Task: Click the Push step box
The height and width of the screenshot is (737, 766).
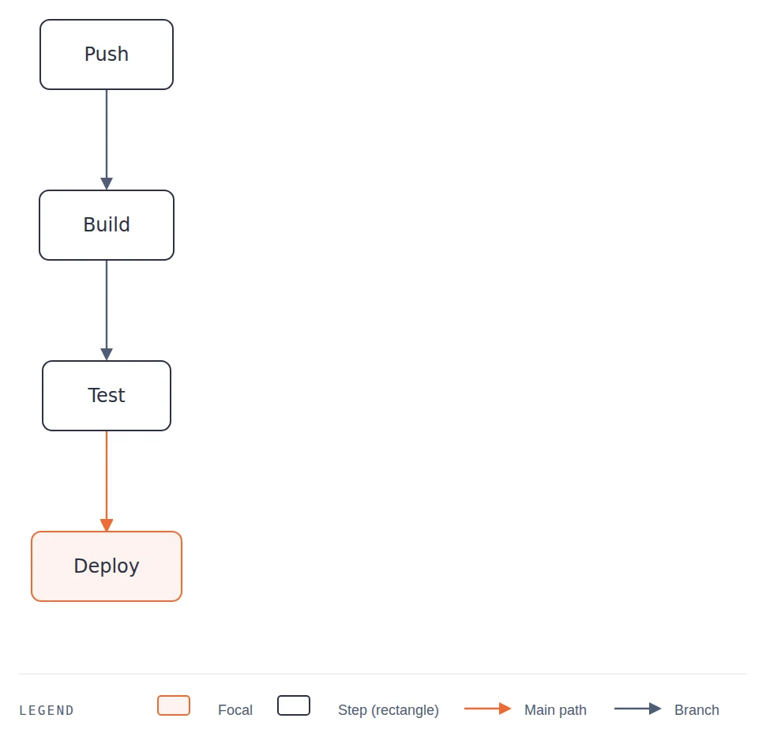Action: click(107, 55)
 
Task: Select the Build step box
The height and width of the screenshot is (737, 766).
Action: click(107, 225)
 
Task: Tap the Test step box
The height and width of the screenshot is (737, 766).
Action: click(107, 396)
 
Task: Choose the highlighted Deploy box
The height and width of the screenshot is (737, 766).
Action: click(107, 566)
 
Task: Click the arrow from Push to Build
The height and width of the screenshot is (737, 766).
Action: click(107, 140)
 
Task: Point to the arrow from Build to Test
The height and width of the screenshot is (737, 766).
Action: click(107, 310)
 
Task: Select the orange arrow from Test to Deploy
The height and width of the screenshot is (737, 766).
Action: click(107, 481)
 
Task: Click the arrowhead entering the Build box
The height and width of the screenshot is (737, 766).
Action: click(107, 184)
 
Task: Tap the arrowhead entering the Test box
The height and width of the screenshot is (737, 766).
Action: click(107, 355)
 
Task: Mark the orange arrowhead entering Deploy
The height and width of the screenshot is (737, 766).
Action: click(107, 525)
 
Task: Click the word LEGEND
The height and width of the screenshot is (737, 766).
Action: click(47, 710)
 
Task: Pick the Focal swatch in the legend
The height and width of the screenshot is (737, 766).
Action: click(174, 705)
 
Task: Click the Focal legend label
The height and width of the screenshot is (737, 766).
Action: click(235, 709)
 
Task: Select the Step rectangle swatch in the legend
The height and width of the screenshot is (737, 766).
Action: click(294, 705)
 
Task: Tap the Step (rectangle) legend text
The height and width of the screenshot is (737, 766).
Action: click(389, 709)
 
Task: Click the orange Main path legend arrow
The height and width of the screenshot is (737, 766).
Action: click(487, 708)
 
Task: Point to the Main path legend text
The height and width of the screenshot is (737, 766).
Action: click(555, 709)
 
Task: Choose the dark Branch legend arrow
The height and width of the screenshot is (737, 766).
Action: click(637, 708)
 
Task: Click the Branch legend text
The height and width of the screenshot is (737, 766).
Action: click(697, 709)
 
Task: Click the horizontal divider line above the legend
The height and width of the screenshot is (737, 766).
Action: click(382, 674)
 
